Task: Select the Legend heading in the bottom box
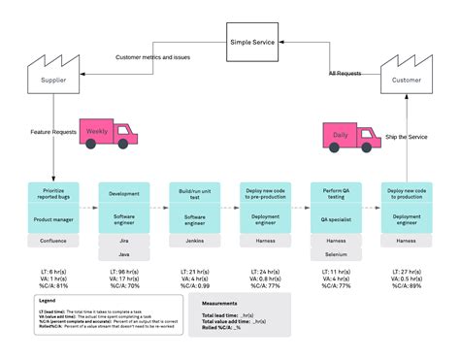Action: point(34,302)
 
